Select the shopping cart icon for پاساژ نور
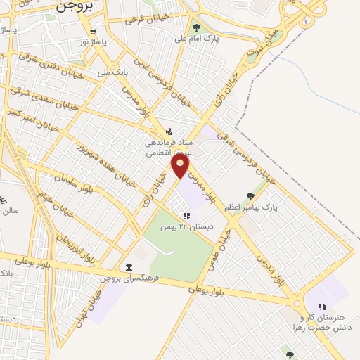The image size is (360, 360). click(x=93, y=32)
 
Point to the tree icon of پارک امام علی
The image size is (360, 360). click(x=196, y=28)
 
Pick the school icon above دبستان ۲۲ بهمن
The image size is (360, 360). click(x=186, y=217)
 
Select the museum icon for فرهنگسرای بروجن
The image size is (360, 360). click(x=128, y=267)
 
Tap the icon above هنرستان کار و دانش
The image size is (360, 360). click(x=322, y=306)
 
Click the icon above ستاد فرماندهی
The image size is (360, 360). click(x=169, y=131)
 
